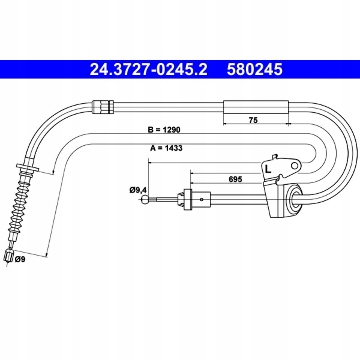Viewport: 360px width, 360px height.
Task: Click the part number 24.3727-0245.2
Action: [x=148, y=69]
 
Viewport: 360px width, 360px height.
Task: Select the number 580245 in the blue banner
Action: [x=255, y=69]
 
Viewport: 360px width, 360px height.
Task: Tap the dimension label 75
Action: [x=253, y=120]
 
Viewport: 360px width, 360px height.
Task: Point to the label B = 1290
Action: [x=164, y=130]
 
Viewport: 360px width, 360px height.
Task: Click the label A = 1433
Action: [x=166, y=148]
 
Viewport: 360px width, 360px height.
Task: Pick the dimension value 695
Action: [x=235, y=179]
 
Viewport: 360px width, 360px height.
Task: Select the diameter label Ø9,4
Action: [x=138, y=190]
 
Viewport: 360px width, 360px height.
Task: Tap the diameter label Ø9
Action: [x=20, y=259]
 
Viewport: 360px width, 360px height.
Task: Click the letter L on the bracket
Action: [x=268, y=169]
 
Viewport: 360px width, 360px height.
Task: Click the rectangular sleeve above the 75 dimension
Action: [x=256, y=107]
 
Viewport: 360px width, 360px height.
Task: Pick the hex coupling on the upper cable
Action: [x=103, y=107]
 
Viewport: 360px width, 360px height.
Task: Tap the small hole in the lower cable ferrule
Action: [x=202, y=199]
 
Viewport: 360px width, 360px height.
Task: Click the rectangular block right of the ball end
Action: [x=188, y=199]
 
